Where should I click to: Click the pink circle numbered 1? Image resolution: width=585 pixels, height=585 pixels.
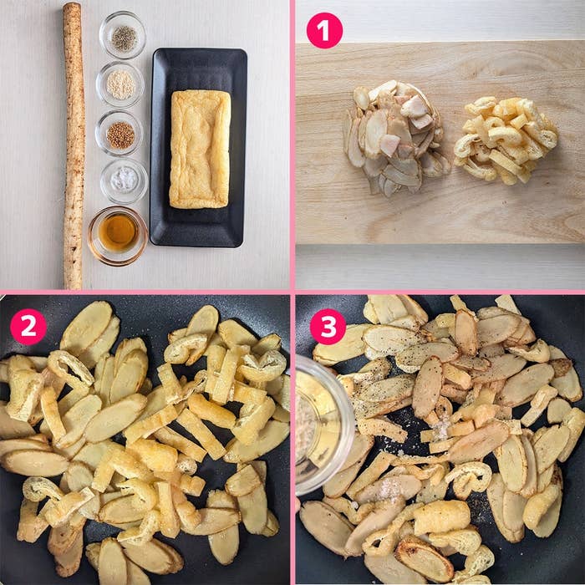click(x=324, y=30)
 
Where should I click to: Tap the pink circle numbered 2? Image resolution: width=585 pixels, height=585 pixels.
click(x=28, y=327)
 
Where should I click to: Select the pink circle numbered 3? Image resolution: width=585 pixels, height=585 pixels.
click(x=328, y=327)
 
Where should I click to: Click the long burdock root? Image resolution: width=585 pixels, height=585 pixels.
click(x=74, y=145)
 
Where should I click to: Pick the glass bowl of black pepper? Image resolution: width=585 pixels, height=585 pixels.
click(x=122, y=35)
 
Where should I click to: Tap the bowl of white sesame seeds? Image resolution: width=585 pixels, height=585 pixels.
click(x=120, y=84)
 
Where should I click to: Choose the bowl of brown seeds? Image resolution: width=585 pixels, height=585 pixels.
click(x=120, y=133)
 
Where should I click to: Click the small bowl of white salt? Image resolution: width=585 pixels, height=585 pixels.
click(x=124, y=181)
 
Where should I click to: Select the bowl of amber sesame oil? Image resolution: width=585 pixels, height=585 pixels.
click(x=118, y=236)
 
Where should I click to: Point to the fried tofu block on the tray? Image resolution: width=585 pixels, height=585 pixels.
click(x=200, y=149)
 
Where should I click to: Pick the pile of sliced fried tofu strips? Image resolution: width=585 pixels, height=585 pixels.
click(x=506, y=140)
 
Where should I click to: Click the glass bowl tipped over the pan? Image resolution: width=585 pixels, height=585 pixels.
click(x=323, y=425)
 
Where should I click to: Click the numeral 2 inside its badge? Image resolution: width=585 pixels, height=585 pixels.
click(x=28, y=327)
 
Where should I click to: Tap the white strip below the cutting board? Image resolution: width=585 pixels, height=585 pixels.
click(x=440, y=267)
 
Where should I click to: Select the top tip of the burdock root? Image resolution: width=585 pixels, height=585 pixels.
click(x=73, y=3)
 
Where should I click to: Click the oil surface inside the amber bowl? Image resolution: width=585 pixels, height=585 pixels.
click(x=119, y=231)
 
